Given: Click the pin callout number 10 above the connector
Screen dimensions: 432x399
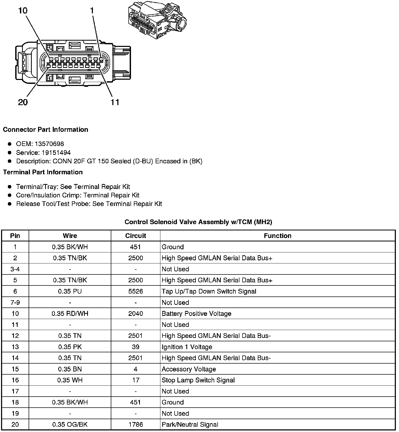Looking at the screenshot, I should (23, 11).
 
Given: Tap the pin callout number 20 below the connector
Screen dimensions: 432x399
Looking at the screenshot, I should (23, 102).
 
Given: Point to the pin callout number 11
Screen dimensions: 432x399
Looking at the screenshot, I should (115, 102).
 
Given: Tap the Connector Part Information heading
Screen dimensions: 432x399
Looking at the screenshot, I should (45, 129).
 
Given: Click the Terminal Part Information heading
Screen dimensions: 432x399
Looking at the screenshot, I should (43, 172).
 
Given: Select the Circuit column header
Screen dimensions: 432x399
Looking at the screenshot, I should (135, 236).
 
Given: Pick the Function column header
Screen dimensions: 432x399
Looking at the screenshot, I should (277, 236).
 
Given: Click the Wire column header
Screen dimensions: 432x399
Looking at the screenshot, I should (70, 236).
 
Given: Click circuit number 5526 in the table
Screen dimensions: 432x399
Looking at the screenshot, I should (135, 291).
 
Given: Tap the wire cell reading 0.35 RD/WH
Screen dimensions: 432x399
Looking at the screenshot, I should (70, 314).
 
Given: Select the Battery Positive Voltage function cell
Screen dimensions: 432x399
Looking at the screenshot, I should (196, 314).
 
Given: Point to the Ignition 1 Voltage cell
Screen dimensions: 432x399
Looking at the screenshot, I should (187, 347).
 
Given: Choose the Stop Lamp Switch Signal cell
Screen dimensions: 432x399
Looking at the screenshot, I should (198, 380).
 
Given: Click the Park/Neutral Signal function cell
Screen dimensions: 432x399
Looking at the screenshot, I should (190, 424).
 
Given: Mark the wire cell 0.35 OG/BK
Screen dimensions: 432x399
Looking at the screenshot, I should (70, 424).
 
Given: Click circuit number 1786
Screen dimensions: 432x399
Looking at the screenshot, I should (135, 424).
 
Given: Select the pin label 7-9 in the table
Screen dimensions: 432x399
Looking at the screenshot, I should (15, 303).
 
